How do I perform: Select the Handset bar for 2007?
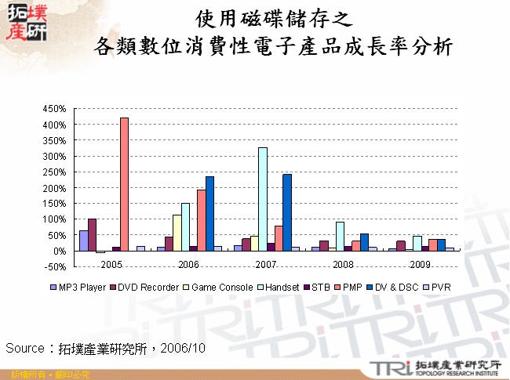coord(262,199)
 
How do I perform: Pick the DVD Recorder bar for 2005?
coord(93,234)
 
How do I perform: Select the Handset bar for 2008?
coord(339,236)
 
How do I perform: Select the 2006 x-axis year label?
coord(189,264)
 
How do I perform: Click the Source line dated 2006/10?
coord(105,347)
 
